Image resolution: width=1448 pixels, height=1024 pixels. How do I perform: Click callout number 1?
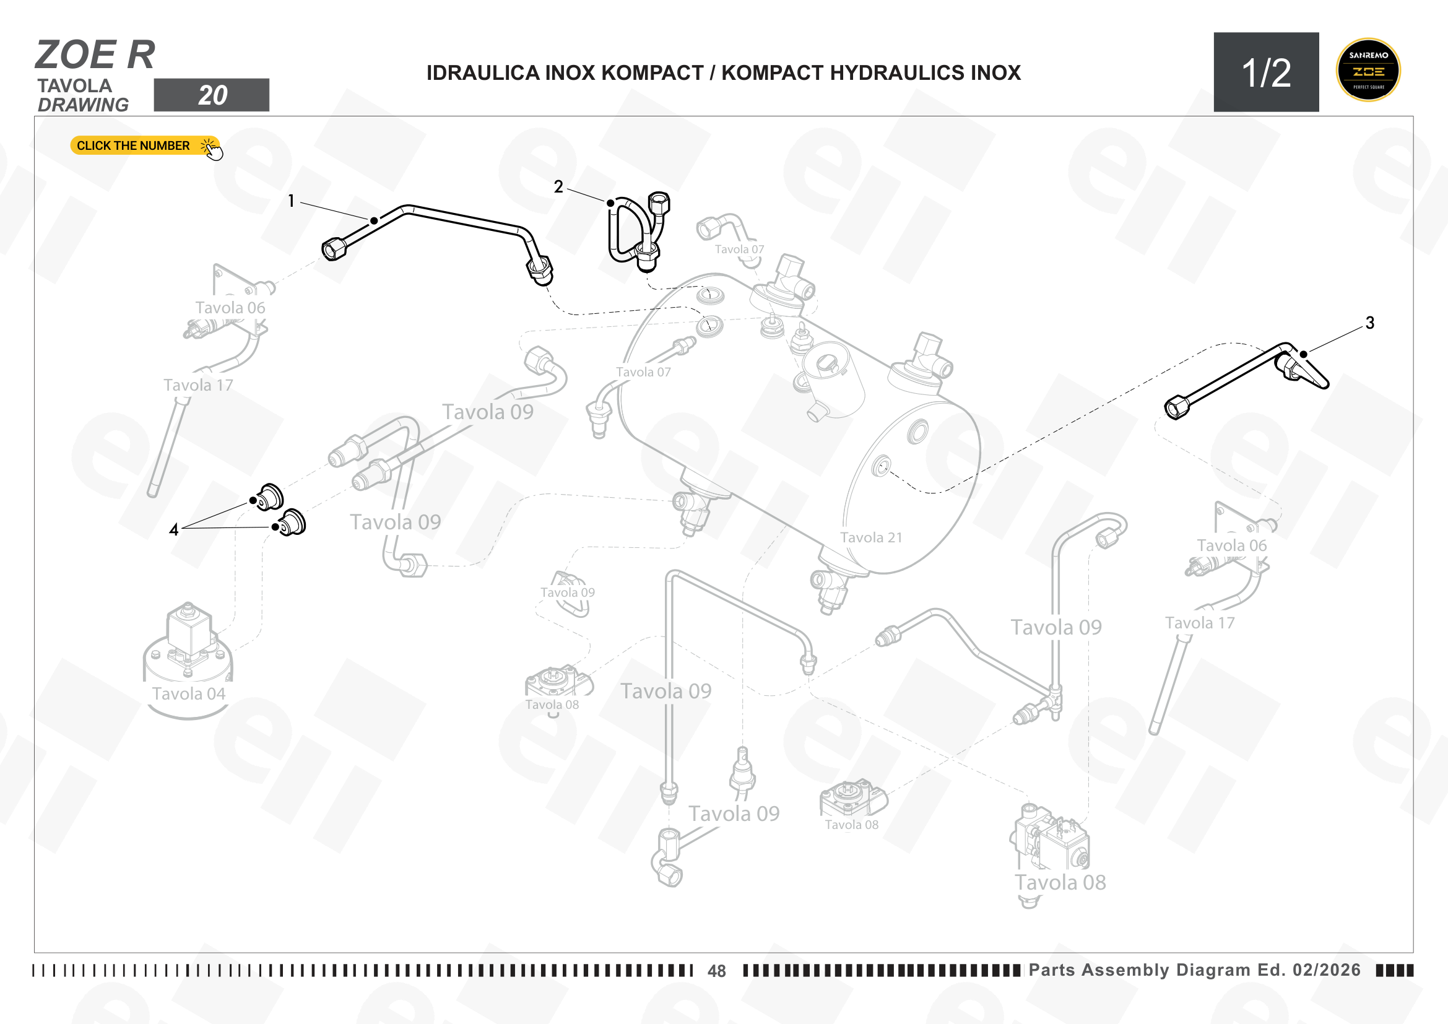click(291, 201)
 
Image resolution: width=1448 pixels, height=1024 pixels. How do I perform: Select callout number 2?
click(558, 186)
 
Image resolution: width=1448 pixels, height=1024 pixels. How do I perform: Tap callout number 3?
click(1370, 323)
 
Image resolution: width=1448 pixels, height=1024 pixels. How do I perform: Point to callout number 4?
click(174, 530)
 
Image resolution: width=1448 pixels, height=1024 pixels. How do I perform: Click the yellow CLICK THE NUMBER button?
click(145, 145)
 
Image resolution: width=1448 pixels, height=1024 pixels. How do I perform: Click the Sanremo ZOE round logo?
click(1368, 70)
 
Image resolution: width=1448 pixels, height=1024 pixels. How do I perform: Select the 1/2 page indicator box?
click(1267, 72)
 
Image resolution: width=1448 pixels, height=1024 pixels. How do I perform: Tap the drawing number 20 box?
click(211, 95)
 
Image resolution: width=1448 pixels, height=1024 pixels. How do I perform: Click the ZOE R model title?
click(95, 55)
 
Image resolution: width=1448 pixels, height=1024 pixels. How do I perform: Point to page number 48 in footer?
click(716, 971)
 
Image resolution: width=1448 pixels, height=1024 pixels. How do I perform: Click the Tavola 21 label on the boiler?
click(871, 537)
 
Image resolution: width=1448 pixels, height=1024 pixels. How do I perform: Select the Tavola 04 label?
click(189, 693)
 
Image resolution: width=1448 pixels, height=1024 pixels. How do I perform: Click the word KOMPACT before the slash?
click(652, 73)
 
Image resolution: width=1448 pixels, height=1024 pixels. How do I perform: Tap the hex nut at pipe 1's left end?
click(333, 248)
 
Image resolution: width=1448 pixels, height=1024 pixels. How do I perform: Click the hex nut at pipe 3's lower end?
click(1176, 407)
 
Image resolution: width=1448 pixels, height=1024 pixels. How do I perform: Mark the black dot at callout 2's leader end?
click(610, 203)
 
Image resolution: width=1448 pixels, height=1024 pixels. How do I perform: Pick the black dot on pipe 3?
click(1304, 354)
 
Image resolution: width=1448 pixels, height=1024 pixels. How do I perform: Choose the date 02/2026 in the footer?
click(1326, 970)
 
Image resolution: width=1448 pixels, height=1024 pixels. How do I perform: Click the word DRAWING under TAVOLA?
click(83, 105)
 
